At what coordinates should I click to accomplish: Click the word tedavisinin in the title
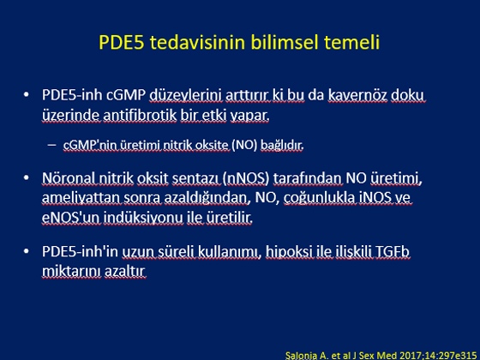[x=198, y=42]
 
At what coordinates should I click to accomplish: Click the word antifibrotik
[x=140, y=115]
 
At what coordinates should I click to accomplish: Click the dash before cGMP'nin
[x=52, y=145]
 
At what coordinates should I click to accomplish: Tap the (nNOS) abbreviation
[x=246, y=178]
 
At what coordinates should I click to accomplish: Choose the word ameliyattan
[x=81, y=198]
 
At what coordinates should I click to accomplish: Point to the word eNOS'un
[x=70, y=218]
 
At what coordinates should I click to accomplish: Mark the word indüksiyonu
[x=143, y=218]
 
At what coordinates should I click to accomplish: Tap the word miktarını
[x=71, y=271]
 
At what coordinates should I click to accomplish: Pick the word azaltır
[x=125, y=271]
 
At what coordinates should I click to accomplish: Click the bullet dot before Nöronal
[x=27, y=177]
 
